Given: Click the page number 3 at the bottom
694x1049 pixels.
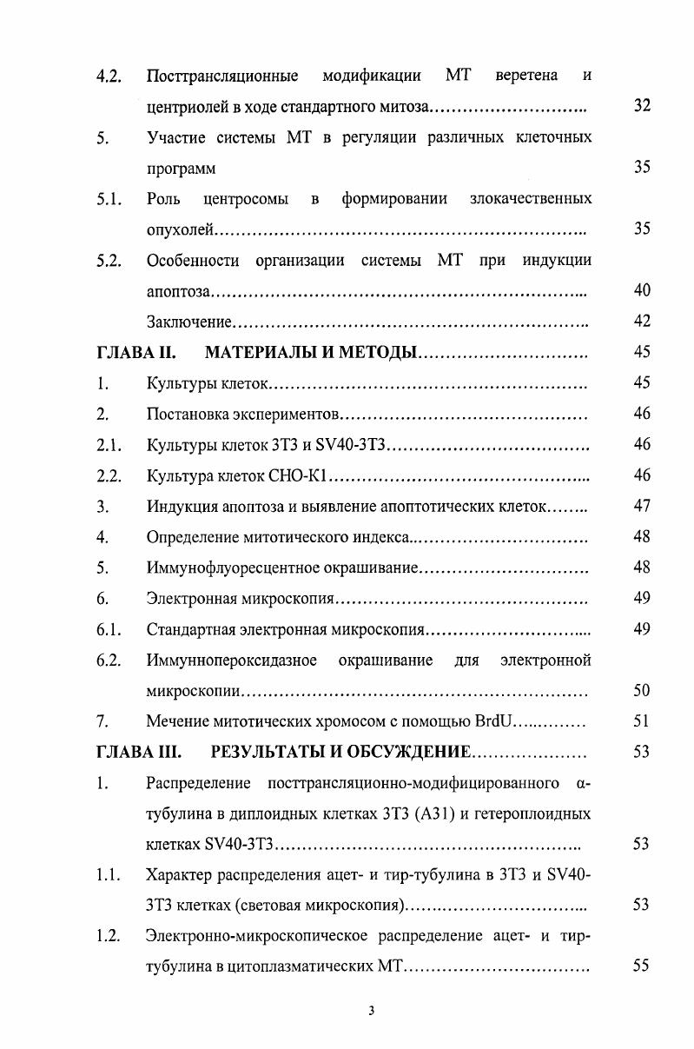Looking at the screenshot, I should pos(371,1010).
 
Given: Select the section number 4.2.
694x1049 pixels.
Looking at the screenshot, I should pos(109,76).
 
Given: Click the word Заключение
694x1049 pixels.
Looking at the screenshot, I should pos(188,322).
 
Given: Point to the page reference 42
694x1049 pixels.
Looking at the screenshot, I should pos(642,322).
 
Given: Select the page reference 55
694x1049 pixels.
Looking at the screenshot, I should pos(642,966).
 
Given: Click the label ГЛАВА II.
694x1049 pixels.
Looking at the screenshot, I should pos(136,353).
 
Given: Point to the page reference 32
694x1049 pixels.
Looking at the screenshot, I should pos(642,107).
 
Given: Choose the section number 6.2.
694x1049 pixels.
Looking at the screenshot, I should pos(109,661).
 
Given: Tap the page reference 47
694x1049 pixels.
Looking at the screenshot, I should pos(642,506).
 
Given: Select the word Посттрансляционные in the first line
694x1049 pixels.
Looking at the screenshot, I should pos(222,76).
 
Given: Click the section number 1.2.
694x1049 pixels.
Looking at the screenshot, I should pos(109,935).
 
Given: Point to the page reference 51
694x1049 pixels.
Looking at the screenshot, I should pos(642,721).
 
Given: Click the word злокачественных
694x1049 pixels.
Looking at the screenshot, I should pos(531,199).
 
